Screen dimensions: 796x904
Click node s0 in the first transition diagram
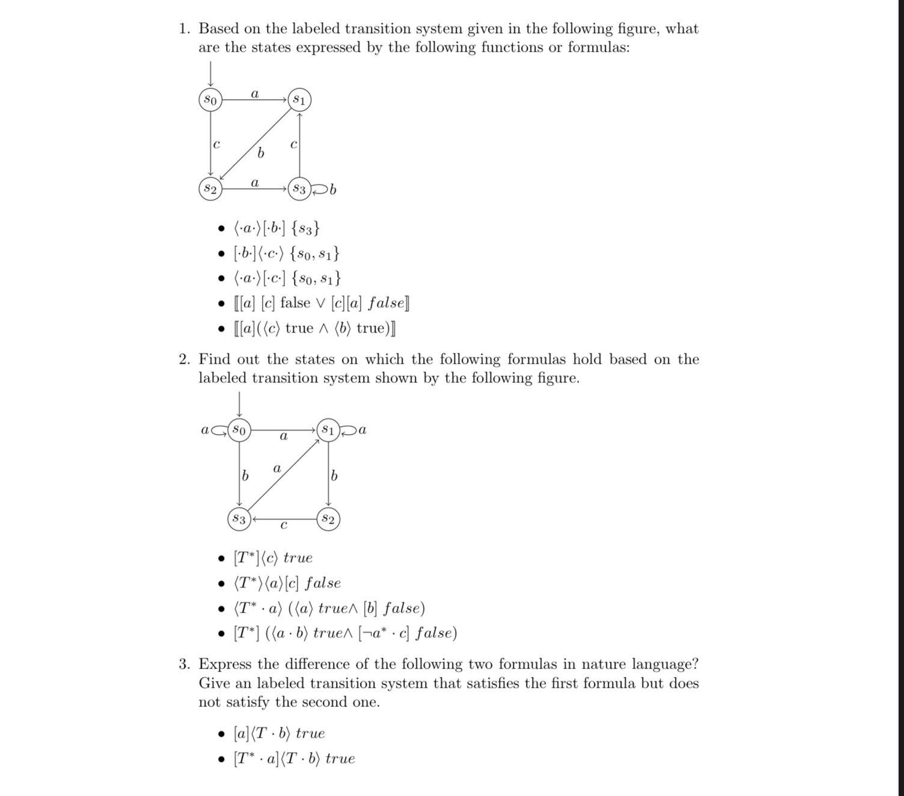click(210, 99)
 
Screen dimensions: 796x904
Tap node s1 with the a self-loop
click(328, 430)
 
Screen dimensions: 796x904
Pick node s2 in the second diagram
click(328, 518)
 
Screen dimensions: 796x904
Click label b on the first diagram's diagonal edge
click(260, 153)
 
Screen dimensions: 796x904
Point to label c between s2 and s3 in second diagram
click(284, 526)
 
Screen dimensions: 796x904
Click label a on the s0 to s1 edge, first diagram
click(255, 93)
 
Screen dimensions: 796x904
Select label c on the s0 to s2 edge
click(216, 144)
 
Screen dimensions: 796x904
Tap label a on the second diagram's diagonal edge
click(276, 468)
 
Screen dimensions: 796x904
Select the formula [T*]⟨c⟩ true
click(273, 558)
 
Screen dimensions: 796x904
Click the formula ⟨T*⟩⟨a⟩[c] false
click(287, 583)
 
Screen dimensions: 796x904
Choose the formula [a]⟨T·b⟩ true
click(279, 733)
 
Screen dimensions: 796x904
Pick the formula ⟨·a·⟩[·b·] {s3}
click(277, 228)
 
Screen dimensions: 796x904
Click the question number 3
click(184, 664)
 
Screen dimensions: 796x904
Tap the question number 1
click(184, 29)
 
